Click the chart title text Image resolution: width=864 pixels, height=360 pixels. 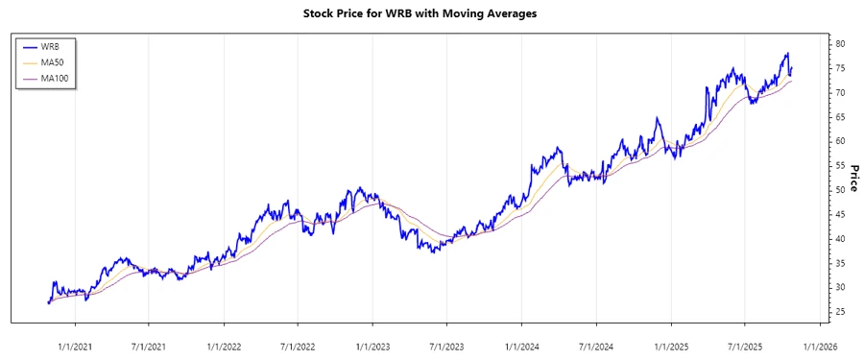pos(432,14)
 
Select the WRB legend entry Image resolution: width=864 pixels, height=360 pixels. pos(50,46)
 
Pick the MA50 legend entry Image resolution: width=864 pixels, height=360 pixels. pos(52,62)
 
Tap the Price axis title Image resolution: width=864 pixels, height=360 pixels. pos(852,179)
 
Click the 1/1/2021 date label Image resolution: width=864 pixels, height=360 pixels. pos(74,346)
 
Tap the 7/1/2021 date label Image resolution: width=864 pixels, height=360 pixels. pos(148,346)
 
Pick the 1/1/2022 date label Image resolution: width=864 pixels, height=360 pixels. pos(224,346)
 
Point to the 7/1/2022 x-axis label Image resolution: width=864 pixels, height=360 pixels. pos(298,346)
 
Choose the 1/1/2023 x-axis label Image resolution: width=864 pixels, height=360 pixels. pos(373,346)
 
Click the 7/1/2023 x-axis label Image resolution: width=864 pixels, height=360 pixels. pos(447,346)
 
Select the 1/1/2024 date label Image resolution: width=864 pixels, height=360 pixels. pos(522,346)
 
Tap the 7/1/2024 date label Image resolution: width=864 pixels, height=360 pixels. pos(597,346)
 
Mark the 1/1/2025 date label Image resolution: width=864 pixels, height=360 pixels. pos(672,346)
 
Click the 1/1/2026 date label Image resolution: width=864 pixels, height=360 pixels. pos(821,346)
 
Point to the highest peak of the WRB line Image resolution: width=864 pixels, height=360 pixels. pos(787,54)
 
